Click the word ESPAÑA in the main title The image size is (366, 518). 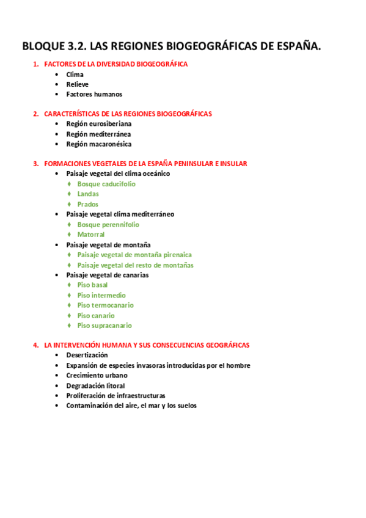[x=293, y=46]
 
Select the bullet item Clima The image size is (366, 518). [x=75, y=75]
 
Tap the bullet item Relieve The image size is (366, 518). [x=78, y=84]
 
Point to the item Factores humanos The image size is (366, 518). [x=94, y=94]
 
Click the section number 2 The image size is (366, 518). [x=35, y=114]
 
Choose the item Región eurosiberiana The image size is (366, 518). [x=98, y=123]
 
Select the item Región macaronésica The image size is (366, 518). [x=99, y=144]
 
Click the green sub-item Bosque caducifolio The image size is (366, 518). [x=106, y=184]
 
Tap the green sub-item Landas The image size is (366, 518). [x=88, y=194]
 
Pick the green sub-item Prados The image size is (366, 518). [x=88, y=204]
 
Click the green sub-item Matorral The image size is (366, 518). [x=91, y=235]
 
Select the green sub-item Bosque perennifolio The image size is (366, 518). [x=108, y=224]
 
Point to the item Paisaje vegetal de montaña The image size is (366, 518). [x=109, y=244]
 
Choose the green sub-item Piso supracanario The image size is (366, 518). [x=104, y=326]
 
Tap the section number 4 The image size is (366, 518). [x=35, y=345]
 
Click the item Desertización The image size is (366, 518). [x=87, y=355]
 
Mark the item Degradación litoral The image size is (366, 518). [x=95, y=385]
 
